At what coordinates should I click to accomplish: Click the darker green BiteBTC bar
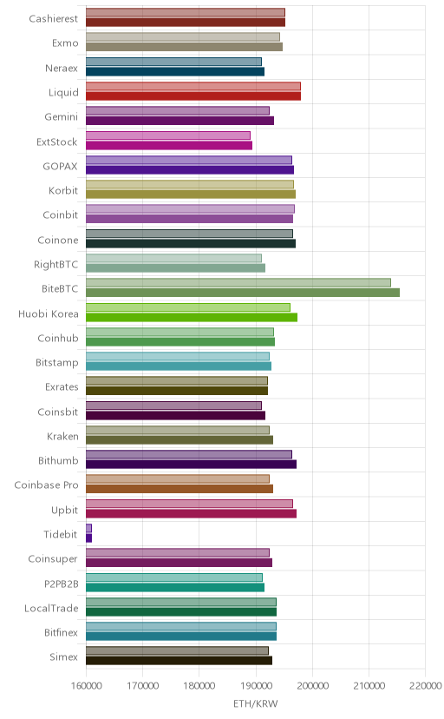pos(243,293)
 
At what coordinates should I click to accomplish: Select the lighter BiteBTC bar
pos(238,282)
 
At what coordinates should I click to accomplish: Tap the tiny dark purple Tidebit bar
pos(88,538)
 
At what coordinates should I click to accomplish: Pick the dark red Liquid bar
pos(193,96)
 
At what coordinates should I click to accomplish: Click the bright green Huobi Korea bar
pos(192,317)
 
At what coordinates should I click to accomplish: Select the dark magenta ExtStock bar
pos(169,145)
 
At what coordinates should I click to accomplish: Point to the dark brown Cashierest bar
pos(186,22)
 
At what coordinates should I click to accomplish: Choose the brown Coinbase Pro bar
pos(180,489)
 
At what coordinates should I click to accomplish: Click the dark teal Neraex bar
pos(175,71)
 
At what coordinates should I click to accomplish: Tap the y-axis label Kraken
pos(62,436)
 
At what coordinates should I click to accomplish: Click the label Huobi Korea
pos(48,313)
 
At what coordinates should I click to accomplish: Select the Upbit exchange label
pos(64,511)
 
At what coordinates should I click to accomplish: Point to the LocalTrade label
pos(51,608)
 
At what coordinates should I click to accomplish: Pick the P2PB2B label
pos(62,584)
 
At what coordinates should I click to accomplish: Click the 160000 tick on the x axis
pos(86,685)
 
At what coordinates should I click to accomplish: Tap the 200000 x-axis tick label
pos(313,685)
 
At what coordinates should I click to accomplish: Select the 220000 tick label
pos(426,685)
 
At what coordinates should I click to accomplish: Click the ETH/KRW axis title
pos(256,704)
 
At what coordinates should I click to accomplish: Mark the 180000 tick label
pos(199,685)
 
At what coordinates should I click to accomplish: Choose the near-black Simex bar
pos(179,660)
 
